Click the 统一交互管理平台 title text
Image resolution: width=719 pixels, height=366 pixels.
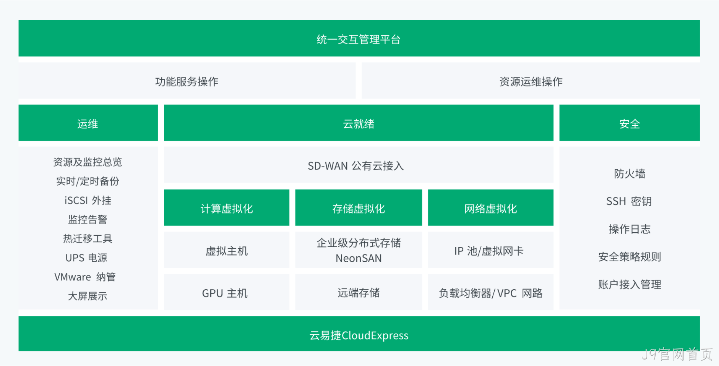coord(359,39)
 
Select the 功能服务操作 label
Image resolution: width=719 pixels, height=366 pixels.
coord(187,81)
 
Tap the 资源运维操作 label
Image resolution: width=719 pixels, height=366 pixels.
coord(531,81)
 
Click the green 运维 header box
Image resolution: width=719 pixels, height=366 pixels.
coord(88,123)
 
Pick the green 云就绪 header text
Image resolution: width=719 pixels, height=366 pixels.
coord(359,124)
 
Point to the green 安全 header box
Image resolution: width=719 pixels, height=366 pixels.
coord(630,123)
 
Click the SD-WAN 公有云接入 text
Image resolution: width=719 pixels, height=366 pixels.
coord(356,166)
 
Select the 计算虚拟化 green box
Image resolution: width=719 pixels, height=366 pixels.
coord(227,207)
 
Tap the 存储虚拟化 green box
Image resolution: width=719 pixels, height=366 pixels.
coord(359,207)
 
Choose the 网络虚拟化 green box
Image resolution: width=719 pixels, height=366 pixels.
coord(491,207)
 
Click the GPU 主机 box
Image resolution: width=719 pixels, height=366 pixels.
coord(227,292)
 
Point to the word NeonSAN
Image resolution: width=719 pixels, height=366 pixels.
coord(359,259)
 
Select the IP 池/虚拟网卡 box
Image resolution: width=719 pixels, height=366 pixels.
coord(491,250)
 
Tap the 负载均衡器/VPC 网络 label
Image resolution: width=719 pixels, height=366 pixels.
coord(491,293)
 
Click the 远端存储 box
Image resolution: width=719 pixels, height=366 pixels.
coord(359,292)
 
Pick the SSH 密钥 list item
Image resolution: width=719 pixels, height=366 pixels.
coord(629,201)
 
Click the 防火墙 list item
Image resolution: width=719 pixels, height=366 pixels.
coord(630,174)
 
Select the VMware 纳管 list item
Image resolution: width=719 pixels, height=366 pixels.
coord(85,277)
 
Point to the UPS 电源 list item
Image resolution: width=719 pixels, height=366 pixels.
coord(86,258)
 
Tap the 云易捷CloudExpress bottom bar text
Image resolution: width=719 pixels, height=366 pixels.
coord(359,335)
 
